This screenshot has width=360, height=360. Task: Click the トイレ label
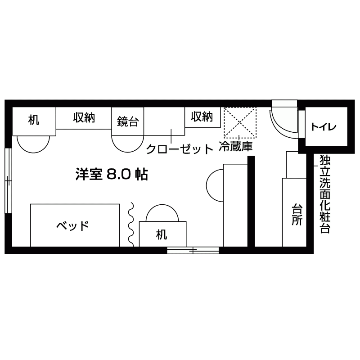point(323,127)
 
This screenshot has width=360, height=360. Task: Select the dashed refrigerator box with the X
point(240,123)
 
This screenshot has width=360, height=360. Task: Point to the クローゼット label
point(179,148)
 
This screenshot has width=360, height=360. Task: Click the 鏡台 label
point(127,121)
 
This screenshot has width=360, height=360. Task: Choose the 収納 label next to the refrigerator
point(201,117)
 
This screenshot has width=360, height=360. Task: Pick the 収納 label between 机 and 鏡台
point(84,118)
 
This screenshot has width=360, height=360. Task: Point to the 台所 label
point(297,215)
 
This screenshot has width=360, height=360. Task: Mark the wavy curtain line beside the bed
point(132,224)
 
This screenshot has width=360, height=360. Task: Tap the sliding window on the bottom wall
point(193,250)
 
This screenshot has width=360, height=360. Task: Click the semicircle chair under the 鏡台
point(127,144)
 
